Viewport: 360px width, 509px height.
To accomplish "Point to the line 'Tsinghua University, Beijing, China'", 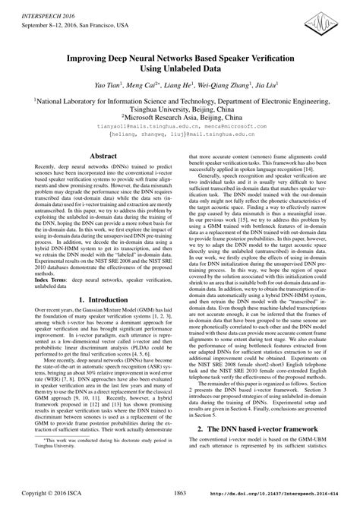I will [180, 109].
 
